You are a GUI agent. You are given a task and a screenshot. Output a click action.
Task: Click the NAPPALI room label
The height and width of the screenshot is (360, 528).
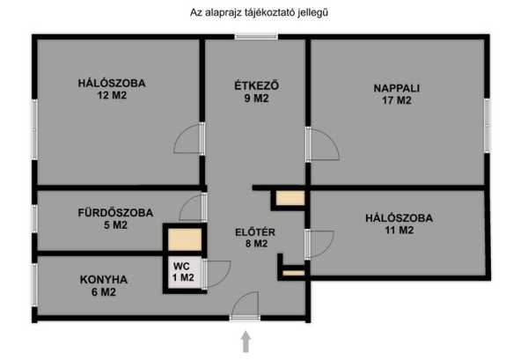pyautogui.click(x=396, y=88)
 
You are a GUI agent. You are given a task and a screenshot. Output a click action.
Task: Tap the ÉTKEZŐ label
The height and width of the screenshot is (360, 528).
pyautogui.click(x=257, y=85)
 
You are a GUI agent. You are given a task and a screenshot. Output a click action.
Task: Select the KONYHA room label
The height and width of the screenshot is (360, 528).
pyautogui.click(x=104, y=280)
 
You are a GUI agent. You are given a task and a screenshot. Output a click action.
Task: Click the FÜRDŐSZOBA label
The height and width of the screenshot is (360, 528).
pyautogui.click(x=115, y=212)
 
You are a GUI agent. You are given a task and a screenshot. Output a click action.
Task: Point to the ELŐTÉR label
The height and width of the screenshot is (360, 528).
pyautogui.click(x=255, y=232)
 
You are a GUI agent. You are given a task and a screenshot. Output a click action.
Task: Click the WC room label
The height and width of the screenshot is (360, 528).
pyautogui.click(x=181, y=266)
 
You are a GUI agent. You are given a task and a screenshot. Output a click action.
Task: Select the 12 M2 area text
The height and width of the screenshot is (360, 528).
pyautogui.click(x=112, y=95)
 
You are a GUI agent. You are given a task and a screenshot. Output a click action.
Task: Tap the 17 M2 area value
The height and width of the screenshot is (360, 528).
pyautogui.click(x=397, y=100)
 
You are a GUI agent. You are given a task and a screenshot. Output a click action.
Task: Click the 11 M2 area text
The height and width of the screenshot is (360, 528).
pyautogui.click(x=400, y=231)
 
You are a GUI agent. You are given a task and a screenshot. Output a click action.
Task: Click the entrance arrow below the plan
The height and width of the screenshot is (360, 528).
pyautogui.click(x=246, y=342)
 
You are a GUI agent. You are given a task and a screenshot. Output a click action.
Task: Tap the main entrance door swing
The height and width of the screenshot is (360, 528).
pyautogui.click(x=246, y=304)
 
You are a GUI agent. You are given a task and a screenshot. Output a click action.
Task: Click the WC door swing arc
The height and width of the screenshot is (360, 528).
pyautogui.click(x=217, y=274)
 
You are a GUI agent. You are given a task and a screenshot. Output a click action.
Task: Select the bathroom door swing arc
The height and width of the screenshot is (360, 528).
pyautogui.click(x=191, y=208)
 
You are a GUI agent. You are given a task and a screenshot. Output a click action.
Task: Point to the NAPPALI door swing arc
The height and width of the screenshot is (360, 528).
pyautogui.click(x=325, y=144)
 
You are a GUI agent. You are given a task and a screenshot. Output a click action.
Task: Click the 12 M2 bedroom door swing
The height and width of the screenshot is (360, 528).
pyautogui.click(x=187, y=138)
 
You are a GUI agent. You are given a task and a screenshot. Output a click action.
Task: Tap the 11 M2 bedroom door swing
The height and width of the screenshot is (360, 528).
pyautogui.click(x=321, y=245)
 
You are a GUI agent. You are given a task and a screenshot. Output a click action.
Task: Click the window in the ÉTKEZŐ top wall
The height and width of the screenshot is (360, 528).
pyautogui.click(x=256, y=36)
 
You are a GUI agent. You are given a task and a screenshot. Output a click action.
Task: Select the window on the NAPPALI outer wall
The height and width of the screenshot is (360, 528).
pyautogui.click(x=487, y=125)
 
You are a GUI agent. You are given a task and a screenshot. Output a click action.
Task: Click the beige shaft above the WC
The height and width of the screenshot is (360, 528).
pyautogui.click(x=185, y=239)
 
